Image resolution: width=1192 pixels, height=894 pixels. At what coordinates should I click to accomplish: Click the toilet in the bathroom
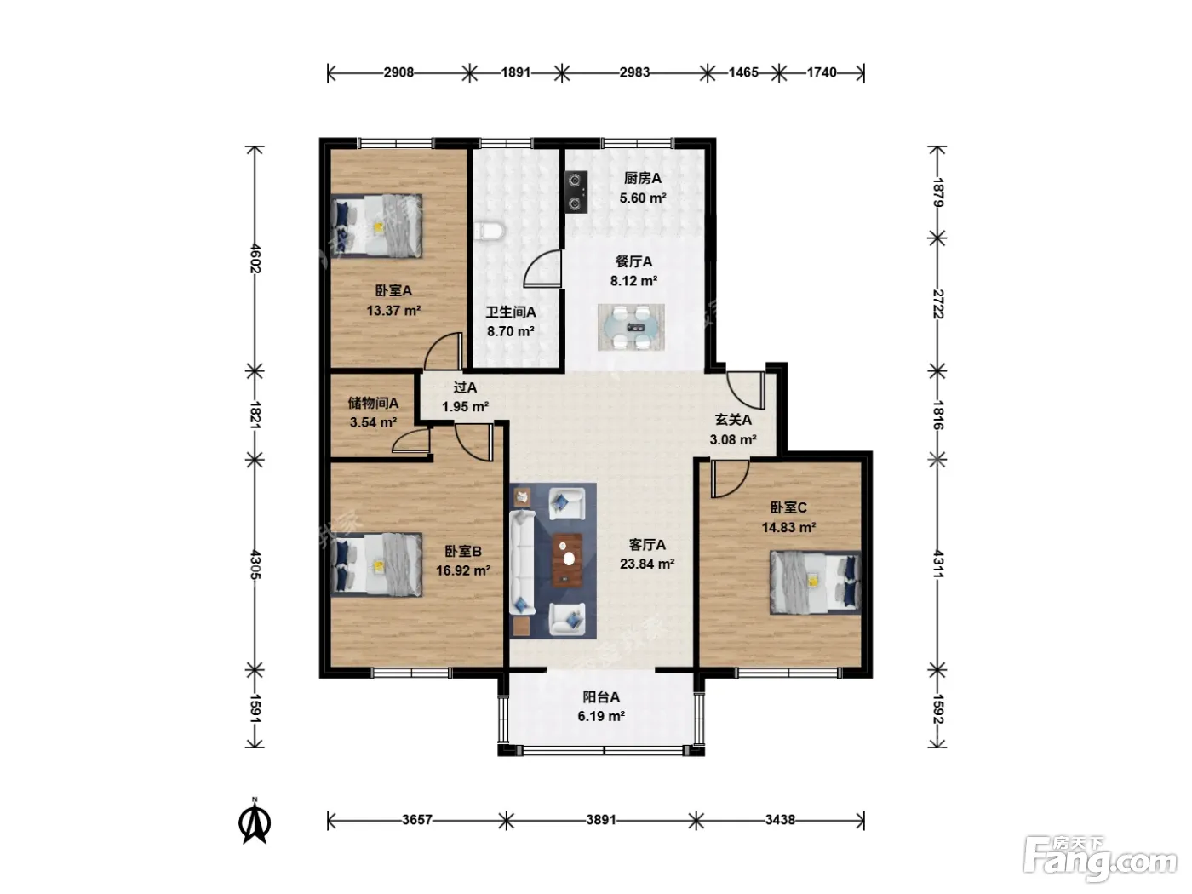[x=490, y=231]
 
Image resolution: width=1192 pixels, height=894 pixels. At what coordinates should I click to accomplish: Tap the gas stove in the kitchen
[x=576, y=192]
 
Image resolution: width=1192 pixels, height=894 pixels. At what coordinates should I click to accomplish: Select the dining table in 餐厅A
[x=631, y=327]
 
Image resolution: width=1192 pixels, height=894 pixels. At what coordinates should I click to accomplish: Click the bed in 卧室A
[x=377, y=226]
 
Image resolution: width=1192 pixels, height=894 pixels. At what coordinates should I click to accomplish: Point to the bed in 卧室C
[x=815, y=582]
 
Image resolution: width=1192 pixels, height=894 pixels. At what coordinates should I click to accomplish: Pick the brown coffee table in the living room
[x=568, y=560]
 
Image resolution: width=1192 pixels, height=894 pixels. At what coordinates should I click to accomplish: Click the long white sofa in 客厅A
[x=523, y=564]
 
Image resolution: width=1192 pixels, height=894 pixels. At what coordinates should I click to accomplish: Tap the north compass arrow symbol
[x=255, y=822]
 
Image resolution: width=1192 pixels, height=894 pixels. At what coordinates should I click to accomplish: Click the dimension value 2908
[x=398, y=72]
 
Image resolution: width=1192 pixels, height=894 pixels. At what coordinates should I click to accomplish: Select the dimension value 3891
[x=600, y=819]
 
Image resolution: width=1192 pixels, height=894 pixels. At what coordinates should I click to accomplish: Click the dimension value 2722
[x=938, y=304]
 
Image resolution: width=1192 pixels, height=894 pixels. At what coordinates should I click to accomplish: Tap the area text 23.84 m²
[x=647, y=564]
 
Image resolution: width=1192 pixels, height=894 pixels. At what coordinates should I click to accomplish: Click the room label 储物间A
[x=373, y=403]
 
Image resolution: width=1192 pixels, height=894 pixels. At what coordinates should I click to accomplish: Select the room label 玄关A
[x=733, y=420]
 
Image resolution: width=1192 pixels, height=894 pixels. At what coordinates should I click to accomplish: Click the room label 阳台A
[x=601, y=696]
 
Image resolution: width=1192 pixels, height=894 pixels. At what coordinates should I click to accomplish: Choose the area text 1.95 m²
[x=465, y=407]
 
